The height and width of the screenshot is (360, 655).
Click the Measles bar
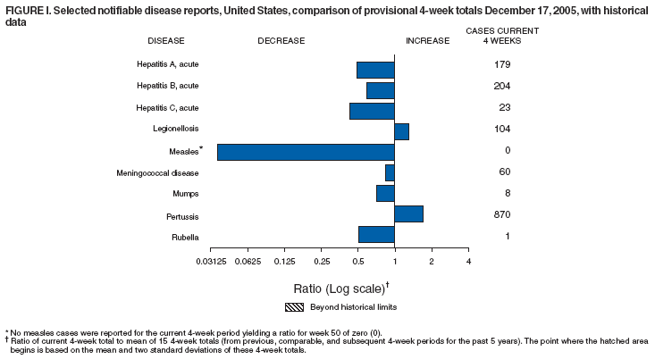(x=306, y=152)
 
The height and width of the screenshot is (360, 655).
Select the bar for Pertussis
(x=408, y=213)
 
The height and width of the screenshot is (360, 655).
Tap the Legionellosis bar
(x=401, y=131)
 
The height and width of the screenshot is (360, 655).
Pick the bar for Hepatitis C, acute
(x=372, y=111)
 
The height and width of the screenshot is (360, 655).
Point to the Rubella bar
(x=376, y=234)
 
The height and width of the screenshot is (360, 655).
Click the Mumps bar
(x=385, y=193)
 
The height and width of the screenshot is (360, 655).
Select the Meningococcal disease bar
(x=390, y=172)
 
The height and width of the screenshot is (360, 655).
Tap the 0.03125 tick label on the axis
(x=211, y=261)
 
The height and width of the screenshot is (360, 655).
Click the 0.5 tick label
(x=357, y=261)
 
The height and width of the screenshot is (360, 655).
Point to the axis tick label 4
(x=468, y=261)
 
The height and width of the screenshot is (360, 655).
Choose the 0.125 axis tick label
(x=284, y=261)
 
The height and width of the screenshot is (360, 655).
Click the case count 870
(x=501, y=215)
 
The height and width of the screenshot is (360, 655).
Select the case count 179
(x=501, y=64)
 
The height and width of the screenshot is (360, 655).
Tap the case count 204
(x=501, y=86)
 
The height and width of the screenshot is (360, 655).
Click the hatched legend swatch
(x=298, y=306)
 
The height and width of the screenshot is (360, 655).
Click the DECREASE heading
(x=281, y=40)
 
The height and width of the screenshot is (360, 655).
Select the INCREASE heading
(x=428, y=40)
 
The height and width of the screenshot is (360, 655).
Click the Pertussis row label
(x=181, y=216)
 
